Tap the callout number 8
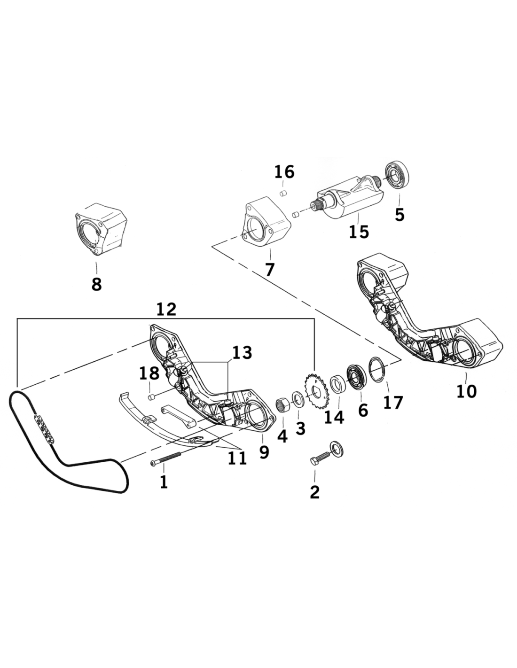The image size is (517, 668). (x=96, y=285)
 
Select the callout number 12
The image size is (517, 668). (x=166, y=309)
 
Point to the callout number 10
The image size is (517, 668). (x=467, y=391)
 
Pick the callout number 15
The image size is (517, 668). (x=359, y=232)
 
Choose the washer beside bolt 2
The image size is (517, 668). (x=337, y=449)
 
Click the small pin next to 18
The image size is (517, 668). (x=151, y=397)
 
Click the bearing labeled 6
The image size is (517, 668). (x=356, y=378)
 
